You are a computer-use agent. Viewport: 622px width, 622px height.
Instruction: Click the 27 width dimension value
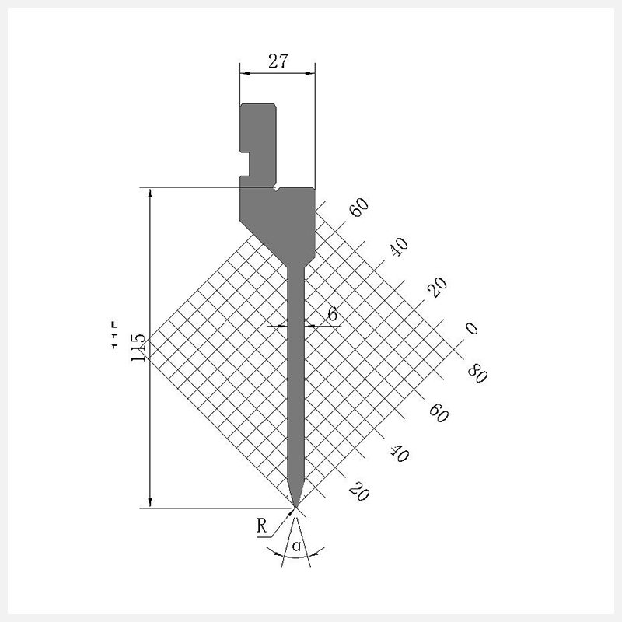coord(278,61)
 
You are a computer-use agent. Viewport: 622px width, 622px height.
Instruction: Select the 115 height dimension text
coord(139,347)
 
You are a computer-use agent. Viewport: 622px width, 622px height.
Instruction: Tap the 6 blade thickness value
coord(333,313)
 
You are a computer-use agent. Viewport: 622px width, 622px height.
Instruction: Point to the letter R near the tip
coord(262,526)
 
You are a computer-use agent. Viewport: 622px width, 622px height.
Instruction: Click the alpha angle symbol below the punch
coord(296,547)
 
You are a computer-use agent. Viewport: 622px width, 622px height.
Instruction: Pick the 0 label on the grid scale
coord(471,328)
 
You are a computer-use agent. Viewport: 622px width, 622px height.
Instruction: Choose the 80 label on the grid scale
coord(477,374)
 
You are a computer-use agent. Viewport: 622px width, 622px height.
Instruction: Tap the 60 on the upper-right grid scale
coord(359,208)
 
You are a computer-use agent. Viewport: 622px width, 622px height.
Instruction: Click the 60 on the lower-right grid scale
coord(439,413)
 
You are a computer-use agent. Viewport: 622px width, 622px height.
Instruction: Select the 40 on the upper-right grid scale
coord(399,246)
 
